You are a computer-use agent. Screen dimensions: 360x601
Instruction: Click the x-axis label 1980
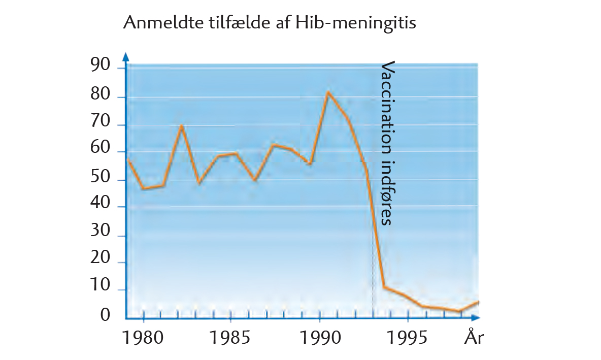[144, 338]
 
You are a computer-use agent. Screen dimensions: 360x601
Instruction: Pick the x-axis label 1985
[231, 338]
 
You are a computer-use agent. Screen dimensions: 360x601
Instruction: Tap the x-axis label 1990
[319, 338]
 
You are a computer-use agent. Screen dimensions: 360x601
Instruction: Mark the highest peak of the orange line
[328, 92]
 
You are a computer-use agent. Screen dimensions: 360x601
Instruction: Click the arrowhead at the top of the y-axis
[126, 55]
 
